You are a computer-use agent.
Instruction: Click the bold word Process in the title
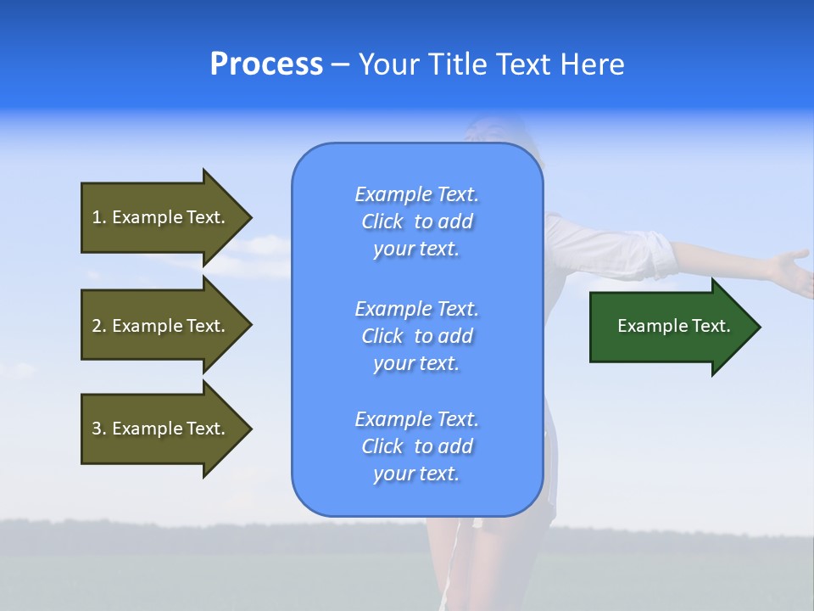(x=266, y=64)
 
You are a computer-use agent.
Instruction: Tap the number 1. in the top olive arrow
(x=99, y=217)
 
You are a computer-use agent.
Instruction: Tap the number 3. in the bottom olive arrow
(x=99, y=429)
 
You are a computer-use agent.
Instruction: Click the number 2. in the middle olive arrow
(x=99, y=326)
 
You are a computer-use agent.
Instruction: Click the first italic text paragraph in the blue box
(x=416, y=221)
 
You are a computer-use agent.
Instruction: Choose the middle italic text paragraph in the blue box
(x=416, y=336)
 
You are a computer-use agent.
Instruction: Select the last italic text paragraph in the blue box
(x=416, y=446)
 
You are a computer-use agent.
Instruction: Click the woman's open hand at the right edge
(x=793, y=270)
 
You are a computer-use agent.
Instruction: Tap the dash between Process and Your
(x=340, y=65)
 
